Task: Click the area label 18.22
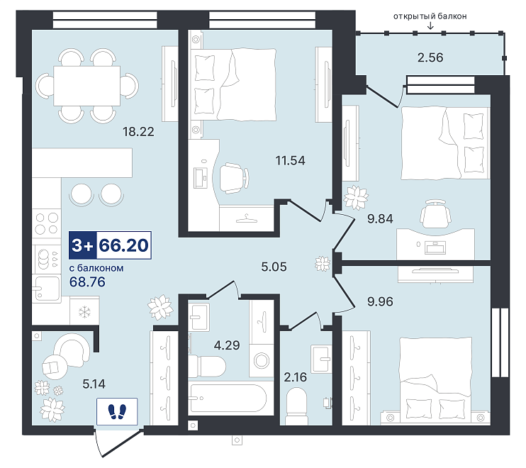pos(138,131)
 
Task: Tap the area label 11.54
pos(290,160)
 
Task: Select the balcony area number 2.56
pos(430,57)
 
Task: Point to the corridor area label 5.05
pos(274,267)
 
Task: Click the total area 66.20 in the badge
pos(124,245)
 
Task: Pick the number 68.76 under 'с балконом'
pos(87,282)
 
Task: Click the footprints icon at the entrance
pos(117,411)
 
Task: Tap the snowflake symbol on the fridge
pos(84,312)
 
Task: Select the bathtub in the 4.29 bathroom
pos(228,399)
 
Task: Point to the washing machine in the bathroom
pos(262,361)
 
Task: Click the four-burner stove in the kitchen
pos(47,223)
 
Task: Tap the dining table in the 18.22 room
pos(87,86)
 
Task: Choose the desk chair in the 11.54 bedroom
pos(235,178)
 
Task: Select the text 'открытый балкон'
pos(430,16)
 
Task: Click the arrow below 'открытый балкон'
pos(430,26)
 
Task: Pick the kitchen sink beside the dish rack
pos(47,288)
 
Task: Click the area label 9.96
pos(380,301)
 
